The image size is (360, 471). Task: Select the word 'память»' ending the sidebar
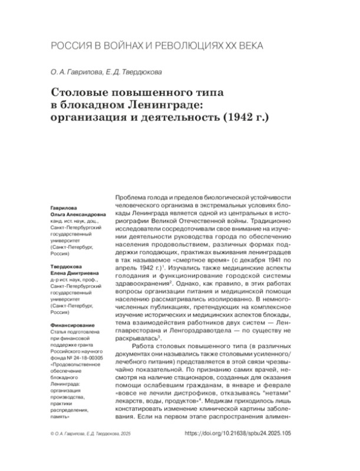pos(62,416)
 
